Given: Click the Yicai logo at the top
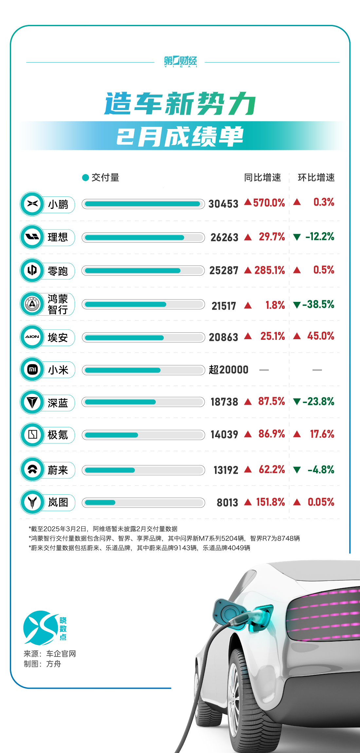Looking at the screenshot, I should point(180,61).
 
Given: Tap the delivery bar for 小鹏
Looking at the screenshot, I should point(143,204).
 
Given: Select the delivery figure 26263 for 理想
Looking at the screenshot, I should point(224,237).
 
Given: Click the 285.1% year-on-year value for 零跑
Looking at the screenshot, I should point(270,270).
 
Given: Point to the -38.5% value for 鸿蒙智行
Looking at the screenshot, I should point(318,304).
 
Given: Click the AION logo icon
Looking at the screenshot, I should point(32,337).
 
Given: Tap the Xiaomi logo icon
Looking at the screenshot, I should point(32,370).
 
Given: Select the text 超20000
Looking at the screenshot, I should point(228,370).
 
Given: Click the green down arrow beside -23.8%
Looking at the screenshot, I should point(297,402).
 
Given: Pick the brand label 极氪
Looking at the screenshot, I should point(58,435).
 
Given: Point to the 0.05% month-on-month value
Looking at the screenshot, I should point(321,502).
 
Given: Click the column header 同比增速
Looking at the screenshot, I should point(262,177).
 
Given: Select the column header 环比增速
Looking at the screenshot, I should point(316,177).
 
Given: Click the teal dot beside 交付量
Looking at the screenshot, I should point(86,178).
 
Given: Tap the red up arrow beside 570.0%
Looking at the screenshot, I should point(248,202).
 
